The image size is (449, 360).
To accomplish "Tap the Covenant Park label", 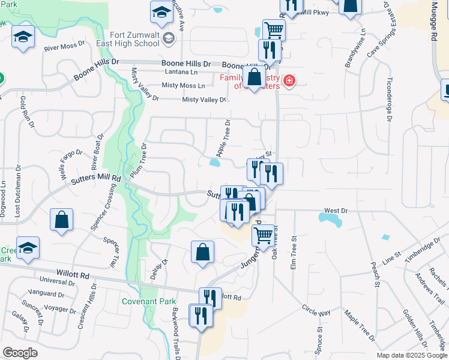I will [x=145, y=301].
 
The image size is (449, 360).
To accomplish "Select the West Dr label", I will [x=336, y=211].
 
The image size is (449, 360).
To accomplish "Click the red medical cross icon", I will [x=289, y=81].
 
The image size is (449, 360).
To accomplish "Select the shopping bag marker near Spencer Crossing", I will [x=61, y=220].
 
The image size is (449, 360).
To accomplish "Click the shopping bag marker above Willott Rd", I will [x=203, y=253].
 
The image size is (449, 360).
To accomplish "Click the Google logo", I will [x=20, y=353].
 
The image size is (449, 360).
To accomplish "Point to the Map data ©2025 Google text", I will [x=411, y=355].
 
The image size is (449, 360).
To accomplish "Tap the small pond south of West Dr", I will [x=331, y=221].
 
